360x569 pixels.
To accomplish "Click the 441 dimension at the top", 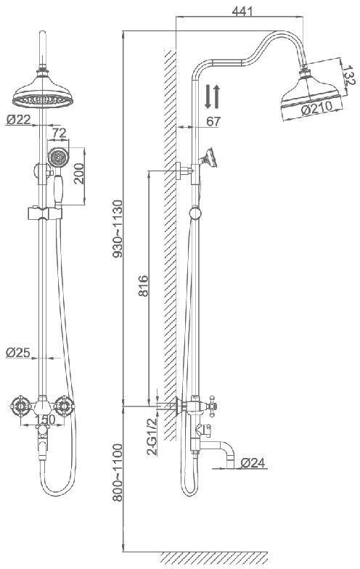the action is [x=242, y=12].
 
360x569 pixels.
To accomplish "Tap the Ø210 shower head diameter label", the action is [x=316, y=108].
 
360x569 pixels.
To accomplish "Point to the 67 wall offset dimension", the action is [x=213, y=122].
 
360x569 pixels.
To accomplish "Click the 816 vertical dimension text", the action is [x=144, y=286].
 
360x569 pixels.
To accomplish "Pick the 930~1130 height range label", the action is [x=118, y=229].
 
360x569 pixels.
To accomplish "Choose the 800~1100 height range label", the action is [x=118, y=472].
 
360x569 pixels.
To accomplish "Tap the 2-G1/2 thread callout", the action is [x=152, y=437].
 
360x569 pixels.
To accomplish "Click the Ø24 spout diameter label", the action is [x=253, y=463].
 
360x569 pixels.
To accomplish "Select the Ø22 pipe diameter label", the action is [x=18, y=119].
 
